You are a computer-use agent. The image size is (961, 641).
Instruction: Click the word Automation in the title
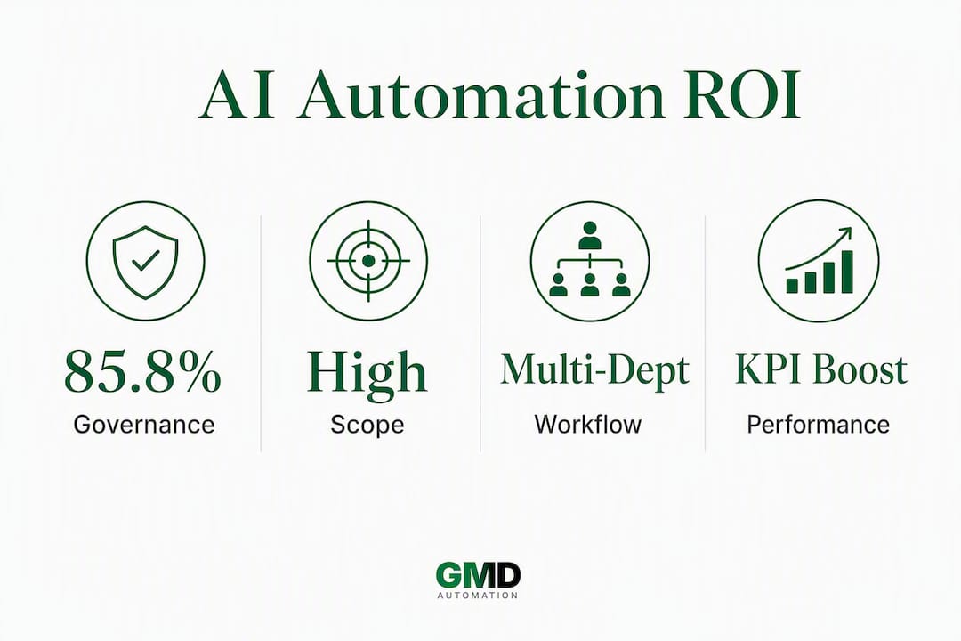(x=481, y=95)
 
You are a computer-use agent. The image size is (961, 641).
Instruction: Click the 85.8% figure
(x=142, y=371)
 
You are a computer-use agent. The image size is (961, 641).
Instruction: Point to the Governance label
(x=144, y=425)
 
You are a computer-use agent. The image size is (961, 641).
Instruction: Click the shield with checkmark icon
(x=145, y=262)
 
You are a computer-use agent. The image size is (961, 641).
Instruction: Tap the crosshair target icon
(x=368, y=261)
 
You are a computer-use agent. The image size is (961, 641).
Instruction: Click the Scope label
(x=367, y=425)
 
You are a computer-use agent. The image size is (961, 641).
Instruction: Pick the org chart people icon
(x=590, y=259)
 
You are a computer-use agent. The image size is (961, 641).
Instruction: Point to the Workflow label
(x=588, y=424)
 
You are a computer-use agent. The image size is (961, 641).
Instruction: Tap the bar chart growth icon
(x=820, y=260)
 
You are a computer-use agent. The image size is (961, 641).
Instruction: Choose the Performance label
(x=819, y=425)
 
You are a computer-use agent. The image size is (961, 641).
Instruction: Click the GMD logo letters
(x=478, y=576)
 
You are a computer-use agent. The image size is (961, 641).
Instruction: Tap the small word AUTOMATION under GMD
(x=478, y=596)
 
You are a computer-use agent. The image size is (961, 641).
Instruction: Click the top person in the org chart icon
(x=590, y=235)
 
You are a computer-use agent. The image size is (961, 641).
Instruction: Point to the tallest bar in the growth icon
(x=846, y=272)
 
